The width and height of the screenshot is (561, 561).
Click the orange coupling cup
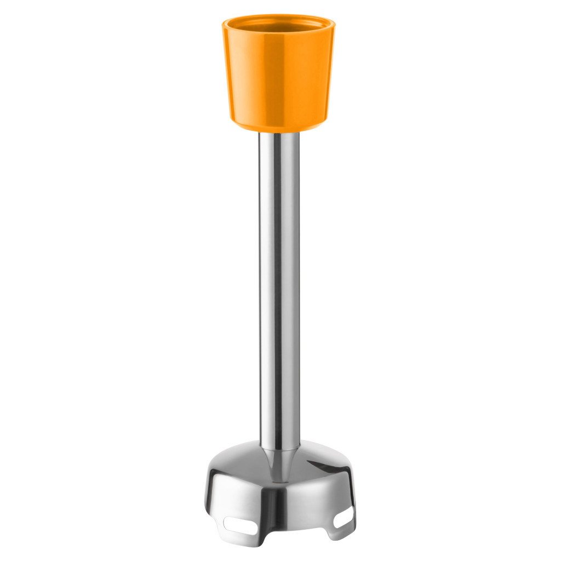(278, 77)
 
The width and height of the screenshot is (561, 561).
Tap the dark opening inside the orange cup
(278, 26)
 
